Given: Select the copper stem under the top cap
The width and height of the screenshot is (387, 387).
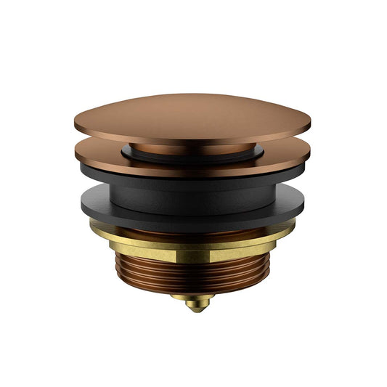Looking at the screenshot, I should point(192,150).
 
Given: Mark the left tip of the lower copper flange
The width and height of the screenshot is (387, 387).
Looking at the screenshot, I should point(75,152).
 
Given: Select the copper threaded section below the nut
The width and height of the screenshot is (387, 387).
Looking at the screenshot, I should point(192,272).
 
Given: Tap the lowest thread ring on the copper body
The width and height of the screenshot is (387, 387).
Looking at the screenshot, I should point(192,289).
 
